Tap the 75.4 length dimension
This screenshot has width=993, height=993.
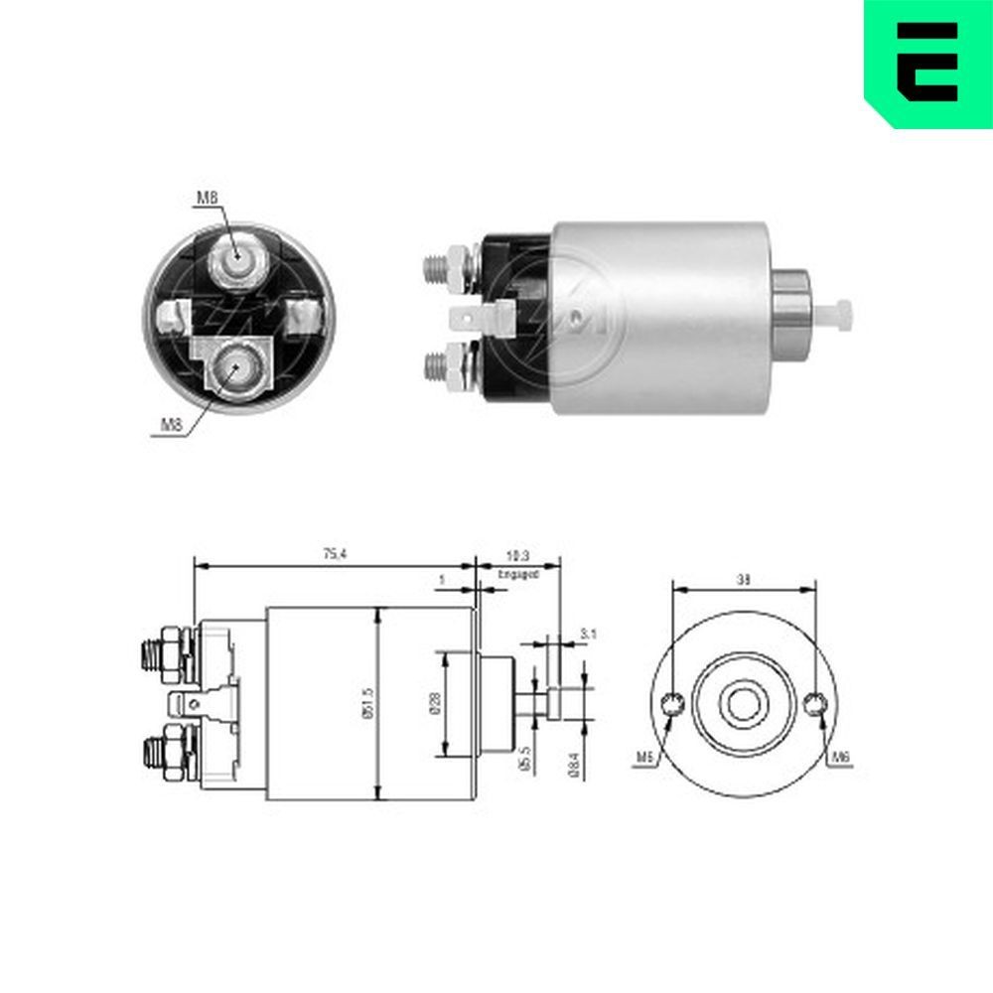pos(335,554)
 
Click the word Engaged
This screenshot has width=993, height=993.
pos(517,574)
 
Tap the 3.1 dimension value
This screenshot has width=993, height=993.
pos(587,633)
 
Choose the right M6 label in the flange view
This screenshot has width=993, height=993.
pos(841,758)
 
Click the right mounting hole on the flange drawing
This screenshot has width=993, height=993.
pos(815,705)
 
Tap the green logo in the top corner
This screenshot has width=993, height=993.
pos(928,62)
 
